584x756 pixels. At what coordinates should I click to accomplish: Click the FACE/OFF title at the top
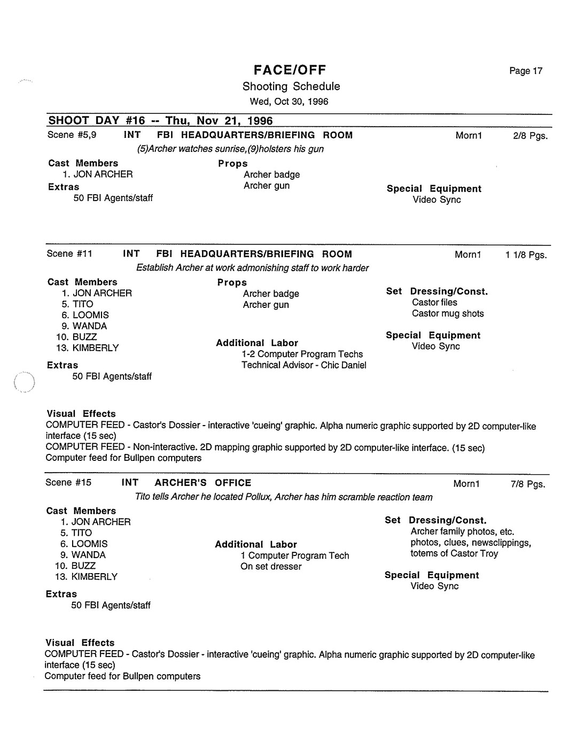pyautogui.click(x=290, y=70)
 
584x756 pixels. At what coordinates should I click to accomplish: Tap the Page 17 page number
pyautogui.click(x=526, y=71)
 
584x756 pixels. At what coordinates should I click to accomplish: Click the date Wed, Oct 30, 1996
pyautogui.click(x=289, y=102)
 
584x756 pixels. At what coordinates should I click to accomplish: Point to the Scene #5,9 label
pyautogui.click(x=72, y=135)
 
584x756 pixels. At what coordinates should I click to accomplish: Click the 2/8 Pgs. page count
pyautogui.click(x=530, y=136)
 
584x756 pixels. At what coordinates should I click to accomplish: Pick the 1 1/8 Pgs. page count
pyautogui.click(x=526, y=255)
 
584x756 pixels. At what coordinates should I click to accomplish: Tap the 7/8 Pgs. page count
pyautogui.click(x=528, y=484)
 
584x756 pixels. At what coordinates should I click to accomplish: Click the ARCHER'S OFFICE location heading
pyautogui.click(x=203, y=483)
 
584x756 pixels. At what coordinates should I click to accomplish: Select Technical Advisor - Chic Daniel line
pyautogui.click(x=303, y=365)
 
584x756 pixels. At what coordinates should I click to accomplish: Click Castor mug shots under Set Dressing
pyautogui.click(x=448, y=314)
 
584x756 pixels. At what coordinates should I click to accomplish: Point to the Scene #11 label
pyautogui.click(x=69, y=254)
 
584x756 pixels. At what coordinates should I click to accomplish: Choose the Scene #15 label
pyautogui.click(x=68, y=483)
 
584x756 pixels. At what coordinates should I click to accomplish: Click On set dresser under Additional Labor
pyautogui.click(x=271, y=567)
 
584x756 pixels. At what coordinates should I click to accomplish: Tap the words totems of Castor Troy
pyautogui.click(x=454, y=554)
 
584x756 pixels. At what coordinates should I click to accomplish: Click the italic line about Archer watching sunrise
pyautogui.click(x=230, y=149)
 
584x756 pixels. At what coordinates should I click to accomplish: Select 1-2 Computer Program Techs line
pyautogui.click(x=302, y=354)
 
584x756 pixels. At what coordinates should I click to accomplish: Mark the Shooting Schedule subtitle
pyautogui.click(x=291, y=87)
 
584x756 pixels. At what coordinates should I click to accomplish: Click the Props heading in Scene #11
pyautogui.click(x=232, y=283)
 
